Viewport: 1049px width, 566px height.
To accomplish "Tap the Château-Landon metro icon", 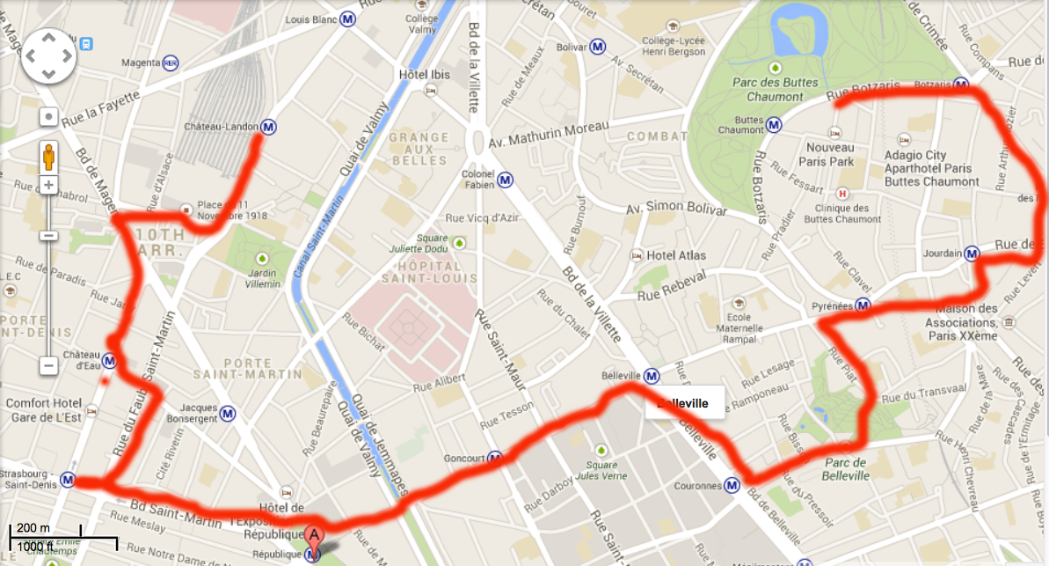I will (x=268, y=128).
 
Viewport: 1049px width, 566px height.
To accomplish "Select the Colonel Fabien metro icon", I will (x=505, y=180).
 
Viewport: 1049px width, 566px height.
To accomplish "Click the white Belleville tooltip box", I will (x=683, y=404).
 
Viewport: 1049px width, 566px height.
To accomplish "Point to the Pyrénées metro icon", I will (x=863, y=306).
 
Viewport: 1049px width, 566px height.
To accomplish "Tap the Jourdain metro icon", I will (x=972, y=254).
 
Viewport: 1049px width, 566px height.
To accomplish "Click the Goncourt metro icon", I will (x=495, y=459).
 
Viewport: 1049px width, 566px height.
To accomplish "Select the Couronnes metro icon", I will (x=732, y=485).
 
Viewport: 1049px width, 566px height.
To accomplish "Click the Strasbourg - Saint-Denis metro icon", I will (x=68, y=480).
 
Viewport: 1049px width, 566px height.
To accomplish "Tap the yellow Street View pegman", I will (x=48, y=154).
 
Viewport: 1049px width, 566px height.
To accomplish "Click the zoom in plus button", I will (x=48, y=186).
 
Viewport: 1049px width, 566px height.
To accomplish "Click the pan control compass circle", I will (x=49, y=57).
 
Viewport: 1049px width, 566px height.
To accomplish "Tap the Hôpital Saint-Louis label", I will (x=428, y=272).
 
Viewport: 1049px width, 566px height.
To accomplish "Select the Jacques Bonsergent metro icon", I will (x=228, y=412).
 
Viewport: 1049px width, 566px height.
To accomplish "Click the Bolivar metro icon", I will (x=597, y=46).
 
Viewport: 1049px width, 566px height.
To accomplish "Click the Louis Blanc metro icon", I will (x=349, y=18).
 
